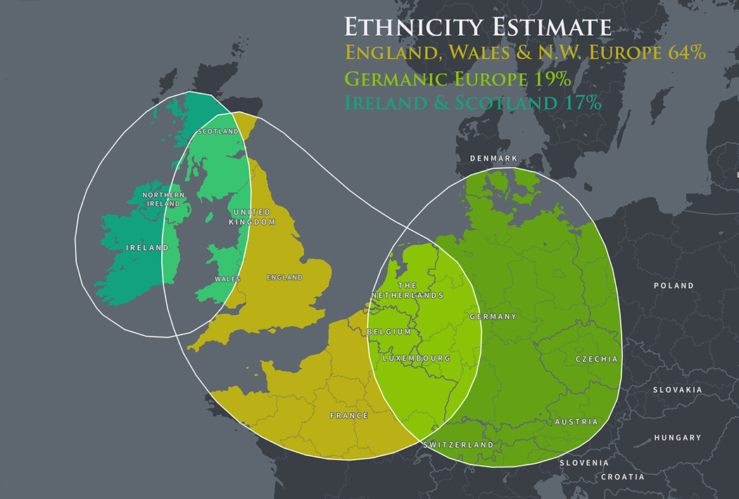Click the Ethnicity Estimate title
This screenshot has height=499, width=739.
(478, 27)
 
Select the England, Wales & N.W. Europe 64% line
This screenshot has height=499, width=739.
(525, 53)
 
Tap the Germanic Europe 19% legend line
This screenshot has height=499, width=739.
(457, 77)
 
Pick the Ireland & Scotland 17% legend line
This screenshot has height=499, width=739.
(473, 102)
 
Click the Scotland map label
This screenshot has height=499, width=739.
(218, 131)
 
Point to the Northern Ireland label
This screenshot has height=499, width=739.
(163, 199)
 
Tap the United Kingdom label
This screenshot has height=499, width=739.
(251, 216)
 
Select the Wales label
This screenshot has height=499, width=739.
(227, 279)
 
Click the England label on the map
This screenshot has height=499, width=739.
(284, 278)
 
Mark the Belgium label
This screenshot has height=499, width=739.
(389, 331)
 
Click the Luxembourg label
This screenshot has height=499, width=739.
(416, 358)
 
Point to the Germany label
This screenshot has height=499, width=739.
(493, 317)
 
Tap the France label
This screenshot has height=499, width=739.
(349, 416)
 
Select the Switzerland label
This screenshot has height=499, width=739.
(458, 445)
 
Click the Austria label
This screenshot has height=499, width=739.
(576, 422)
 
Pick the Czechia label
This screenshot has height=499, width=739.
(596, 359)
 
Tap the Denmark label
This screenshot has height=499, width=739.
(493, 159)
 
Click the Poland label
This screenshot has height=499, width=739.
(674, 286)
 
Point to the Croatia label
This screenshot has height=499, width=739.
(621, 477)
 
